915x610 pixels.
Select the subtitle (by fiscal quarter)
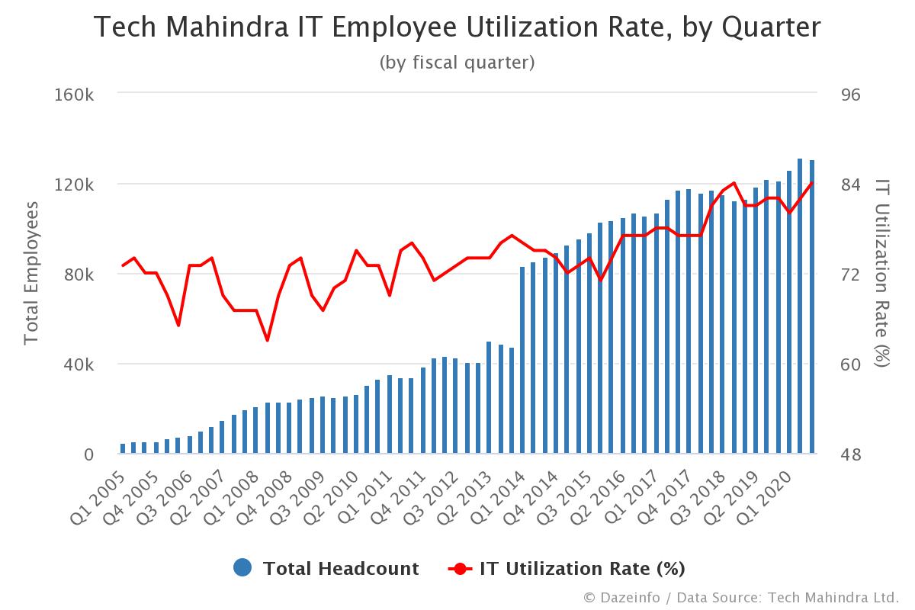pos(457,63)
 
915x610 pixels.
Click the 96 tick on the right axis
pos(849,95)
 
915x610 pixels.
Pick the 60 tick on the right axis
pos(849,364)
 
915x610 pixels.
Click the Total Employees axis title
pos(31,273)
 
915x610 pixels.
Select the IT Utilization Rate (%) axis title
pos(882,273)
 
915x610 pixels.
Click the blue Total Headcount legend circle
pos(242,568)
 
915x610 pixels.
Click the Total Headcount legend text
pos(341,568)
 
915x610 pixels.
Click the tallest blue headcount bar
pos(800,305)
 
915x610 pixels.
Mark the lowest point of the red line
pos(268,340)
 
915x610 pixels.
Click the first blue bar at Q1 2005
pos(123,449)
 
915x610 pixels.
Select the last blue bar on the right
pos(812,305)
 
